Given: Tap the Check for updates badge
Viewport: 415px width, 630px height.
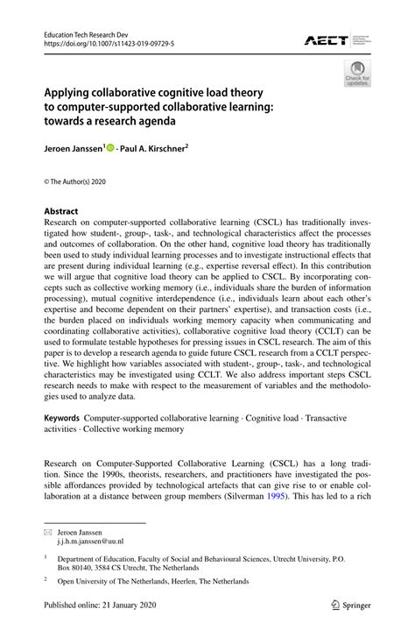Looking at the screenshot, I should click(x=357, y=74).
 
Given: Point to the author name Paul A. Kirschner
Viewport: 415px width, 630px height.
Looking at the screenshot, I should click(x=152, y=149).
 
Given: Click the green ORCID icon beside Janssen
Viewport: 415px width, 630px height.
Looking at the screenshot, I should click(x=111, y=149).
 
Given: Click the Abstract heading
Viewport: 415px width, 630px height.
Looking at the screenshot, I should click(x=61, y=211).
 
